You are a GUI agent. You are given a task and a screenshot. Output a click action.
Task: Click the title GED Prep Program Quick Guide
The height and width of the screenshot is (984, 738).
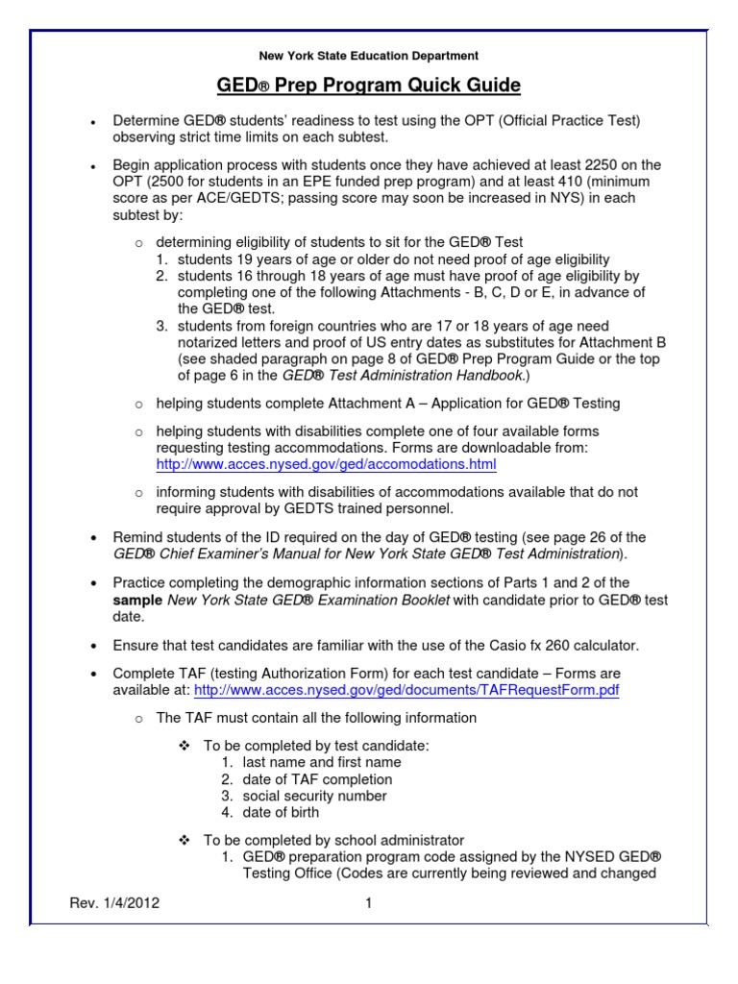(369, 86)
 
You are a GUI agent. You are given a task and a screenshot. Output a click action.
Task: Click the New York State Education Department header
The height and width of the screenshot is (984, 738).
(369, 57)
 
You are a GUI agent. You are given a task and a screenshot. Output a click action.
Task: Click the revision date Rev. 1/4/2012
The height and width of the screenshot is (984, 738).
(114, 903)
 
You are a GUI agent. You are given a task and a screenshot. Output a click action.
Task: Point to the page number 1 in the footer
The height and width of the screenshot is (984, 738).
(368, 903)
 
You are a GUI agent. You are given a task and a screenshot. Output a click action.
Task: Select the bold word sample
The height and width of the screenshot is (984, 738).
(138, 601)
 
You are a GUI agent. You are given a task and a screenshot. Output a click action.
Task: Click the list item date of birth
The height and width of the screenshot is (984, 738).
(281, 812)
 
